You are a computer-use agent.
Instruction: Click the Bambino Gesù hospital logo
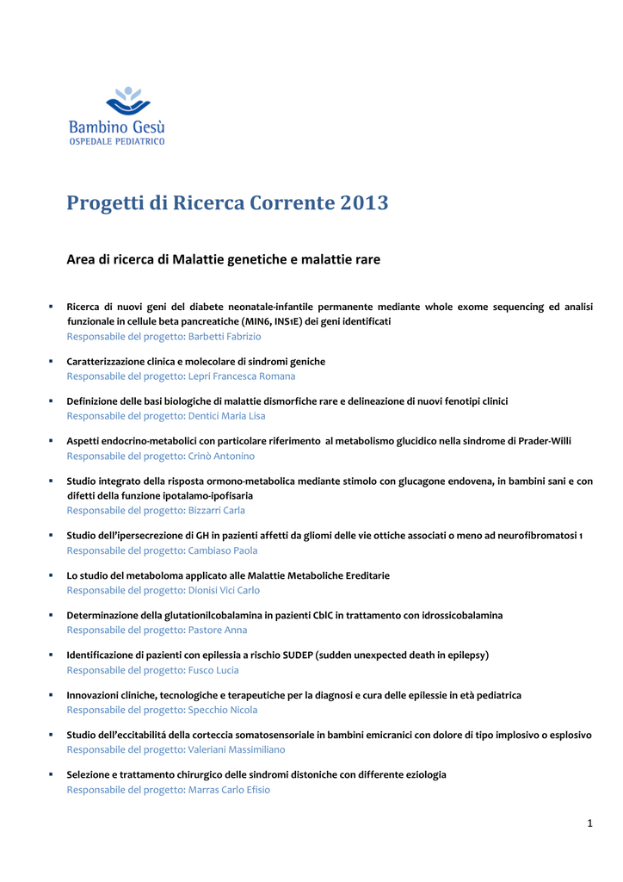pyautogui.click(x=116, y=115)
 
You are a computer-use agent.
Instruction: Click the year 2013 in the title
pyautogui.click(x=364, y=203)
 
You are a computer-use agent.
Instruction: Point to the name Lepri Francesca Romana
pyautogui.click(x=241, y=376)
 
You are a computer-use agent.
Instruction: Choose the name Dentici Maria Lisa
pyautogui.click(x=226, y=416)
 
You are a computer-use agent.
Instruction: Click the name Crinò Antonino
pyautogui.click(x=221, y=457)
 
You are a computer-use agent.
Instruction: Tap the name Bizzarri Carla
pyautogui.click(x=216, y=511)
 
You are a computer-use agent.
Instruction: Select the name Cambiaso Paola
pyautogui.click(x=222, y=550)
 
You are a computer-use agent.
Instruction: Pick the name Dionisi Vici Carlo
pyautogui.click(x=223, y=591)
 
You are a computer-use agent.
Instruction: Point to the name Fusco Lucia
pyautogui.click(x=213, y=670)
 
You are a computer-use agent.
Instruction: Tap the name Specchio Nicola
pyautogui.click(x=222, y=711)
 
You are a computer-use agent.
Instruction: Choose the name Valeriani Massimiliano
pyautogui.click(x=236, y=750)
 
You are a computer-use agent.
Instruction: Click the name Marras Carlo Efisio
pyautogui.click(x=228, y=790)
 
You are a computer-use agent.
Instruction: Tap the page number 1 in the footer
pyautogui.click(x=590, y=824)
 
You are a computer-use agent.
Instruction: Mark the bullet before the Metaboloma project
pyautogui.click(x=51, y=575)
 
